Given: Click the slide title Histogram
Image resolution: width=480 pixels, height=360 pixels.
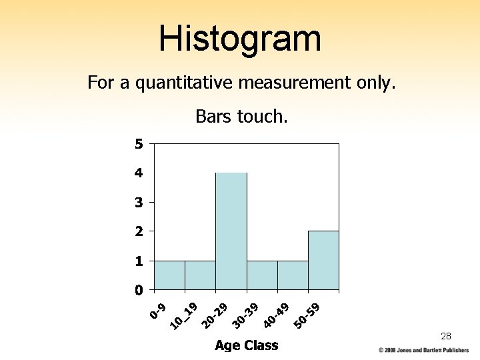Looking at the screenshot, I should click(240, 38).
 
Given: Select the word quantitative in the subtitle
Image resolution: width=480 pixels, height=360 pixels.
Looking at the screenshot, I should click(187, 83).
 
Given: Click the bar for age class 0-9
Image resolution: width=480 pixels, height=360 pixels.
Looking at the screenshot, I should click(169, 275).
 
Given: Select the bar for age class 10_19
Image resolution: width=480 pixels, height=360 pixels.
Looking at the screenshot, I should click(200, 275).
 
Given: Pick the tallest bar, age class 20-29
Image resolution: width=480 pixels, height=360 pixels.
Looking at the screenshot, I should click(231, 231).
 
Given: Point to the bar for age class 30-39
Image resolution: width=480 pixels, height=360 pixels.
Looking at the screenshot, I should click(262, 275).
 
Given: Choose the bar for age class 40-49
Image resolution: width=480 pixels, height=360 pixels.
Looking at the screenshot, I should click(293, 275).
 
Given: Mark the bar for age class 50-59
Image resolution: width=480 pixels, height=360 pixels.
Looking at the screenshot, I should click(323, 261).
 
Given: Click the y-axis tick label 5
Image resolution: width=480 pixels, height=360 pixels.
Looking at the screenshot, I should click(138, 144).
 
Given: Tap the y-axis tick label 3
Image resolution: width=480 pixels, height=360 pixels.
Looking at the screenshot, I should click(138, 202).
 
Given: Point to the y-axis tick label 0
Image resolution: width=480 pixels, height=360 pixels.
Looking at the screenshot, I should click(138, 290).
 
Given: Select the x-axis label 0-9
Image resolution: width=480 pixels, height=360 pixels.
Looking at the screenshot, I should click(158, 311).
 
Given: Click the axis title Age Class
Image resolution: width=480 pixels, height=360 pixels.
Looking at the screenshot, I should click(246, 345).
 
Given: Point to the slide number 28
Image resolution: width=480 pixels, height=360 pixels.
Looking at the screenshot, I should click(446, 336).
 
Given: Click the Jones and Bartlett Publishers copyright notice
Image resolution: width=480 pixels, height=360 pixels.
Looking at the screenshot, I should click(423, 350).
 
